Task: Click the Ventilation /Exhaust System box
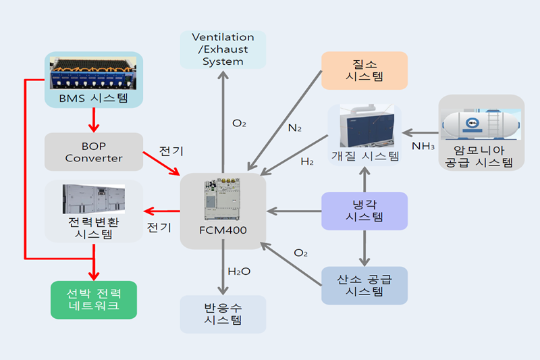click(223, 49)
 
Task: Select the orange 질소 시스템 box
click(364, 70)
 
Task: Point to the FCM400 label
click(223, 230)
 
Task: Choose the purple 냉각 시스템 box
click(364, 211)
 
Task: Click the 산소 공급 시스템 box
click(364, 285)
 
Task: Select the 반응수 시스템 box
click(223, 314)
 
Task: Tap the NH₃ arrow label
click(423, 145)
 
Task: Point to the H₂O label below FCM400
click(239, 272)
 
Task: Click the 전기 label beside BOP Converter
click(171, 149)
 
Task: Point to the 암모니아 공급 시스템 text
click(481, 157)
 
